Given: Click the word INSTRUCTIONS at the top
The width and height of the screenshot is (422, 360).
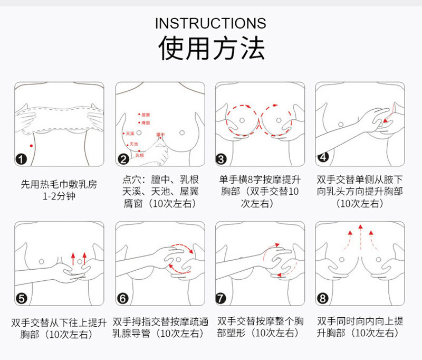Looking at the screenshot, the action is pos(211,23).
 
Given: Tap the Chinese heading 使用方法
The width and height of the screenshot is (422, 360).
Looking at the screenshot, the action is pos(211,48).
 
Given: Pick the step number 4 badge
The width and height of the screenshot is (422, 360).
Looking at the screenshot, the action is pos(323,157).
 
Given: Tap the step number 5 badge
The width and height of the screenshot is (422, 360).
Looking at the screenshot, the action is pos(22,299).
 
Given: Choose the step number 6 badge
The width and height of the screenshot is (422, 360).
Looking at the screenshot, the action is pos(123,299).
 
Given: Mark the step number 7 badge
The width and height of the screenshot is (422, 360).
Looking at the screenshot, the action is pos(222,299).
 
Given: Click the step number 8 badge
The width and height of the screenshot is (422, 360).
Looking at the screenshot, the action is pos(323,299).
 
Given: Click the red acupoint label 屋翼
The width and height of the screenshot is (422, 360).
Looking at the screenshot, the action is pos(146,115).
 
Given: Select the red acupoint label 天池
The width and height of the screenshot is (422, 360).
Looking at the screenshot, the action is pos(133,144).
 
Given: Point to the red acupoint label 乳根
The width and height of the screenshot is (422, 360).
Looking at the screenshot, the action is pos(140,155).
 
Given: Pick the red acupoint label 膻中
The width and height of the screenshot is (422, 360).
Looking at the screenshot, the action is pos(160,135).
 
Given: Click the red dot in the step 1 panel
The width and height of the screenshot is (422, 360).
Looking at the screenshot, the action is pos(31,145).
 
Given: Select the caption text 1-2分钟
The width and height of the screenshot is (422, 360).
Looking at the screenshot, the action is pos(59,196).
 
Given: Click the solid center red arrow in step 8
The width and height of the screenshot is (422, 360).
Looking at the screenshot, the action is pos(360,238).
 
